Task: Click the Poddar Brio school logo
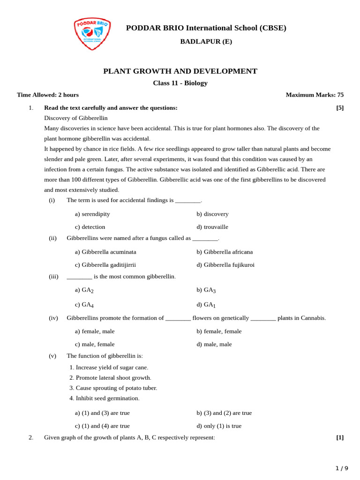tap(92, 33)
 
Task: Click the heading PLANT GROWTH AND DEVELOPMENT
tap(180, 71)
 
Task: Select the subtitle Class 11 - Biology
tap(180, 83)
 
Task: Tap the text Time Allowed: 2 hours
tap(48, 95)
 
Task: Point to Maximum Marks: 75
tap(315, 95)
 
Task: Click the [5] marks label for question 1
tap(339, 108)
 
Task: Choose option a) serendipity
tap(92, 214)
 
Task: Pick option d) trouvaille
tap(212, 227)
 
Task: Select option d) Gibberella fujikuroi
tap(225, 265)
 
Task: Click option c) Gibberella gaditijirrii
tap(105, 265)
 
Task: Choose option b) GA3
tap(206, 290)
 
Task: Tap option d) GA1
tap(206, 305)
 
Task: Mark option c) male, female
tap(95, 344)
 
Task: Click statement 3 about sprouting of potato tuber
tap(113, 388)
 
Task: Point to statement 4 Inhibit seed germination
tap(105, 398)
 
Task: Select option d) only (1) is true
tap(219, 426)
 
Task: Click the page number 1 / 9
tap(342, 468)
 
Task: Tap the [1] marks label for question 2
tap(339, 438)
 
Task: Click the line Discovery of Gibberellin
tap(76, 118)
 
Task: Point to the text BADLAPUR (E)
tap(206, 42)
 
